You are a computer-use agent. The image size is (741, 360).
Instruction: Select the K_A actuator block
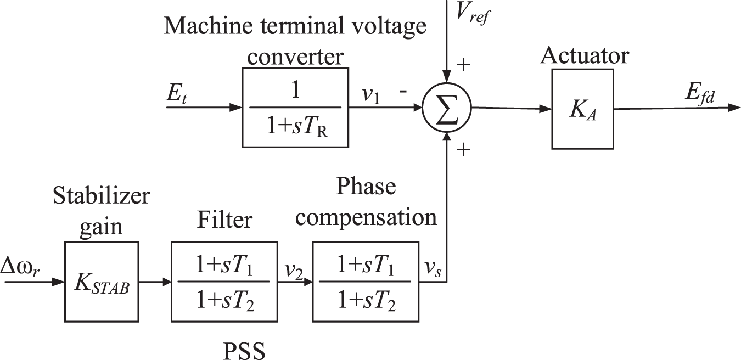tap(582, 108)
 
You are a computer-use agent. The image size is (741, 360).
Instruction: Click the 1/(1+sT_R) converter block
tap(295, 108)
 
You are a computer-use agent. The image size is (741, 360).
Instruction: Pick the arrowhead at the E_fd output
tap(734, 108)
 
